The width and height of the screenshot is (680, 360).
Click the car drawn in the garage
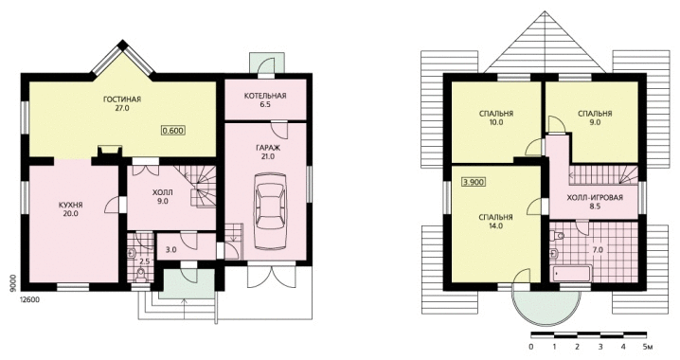pyautogui.click(x=270, y=211)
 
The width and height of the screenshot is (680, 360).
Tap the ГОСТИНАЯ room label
pyautogui.click(x=122, y=99)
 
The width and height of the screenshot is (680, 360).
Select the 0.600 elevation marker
pyautogui.click(x=173, y=130)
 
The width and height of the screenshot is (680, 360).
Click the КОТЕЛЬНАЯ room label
pyautogui.click(x=265, y=96)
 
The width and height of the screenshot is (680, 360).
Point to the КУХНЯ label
pyautogui.click(x=71, y=205)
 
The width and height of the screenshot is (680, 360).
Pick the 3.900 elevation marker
pyautogui.click(x=474, y=182)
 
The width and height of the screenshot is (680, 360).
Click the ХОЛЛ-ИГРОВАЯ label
pyautogui.click(x=595, y=198)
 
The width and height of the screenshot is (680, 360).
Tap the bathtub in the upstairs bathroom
pyautogui.click(x=572, y=274)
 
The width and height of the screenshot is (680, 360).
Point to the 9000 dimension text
pyautogui.click(x=12, y=282)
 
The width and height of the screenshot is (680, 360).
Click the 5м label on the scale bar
pyautogui.click(x=648, y=347)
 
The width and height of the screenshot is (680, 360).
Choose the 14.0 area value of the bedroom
pyautogui.click(x=495, y=226)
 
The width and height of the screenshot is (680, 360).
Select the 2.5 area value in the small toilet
pyautogui.click(x=145, y=261)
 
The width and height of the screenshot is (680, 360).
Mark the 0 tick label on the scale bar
pyautogui.click(x=531, y=347)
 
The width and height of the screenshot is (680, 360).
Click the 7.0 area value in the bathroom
pyautogui.click(x=598, y=250)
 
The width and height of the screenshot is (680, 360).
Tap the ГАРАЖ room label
pyautogui.click(x=268, y=148)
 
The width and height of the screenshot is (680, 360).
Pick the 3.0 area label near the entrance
pyautogui.click(x=171, y=250)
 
